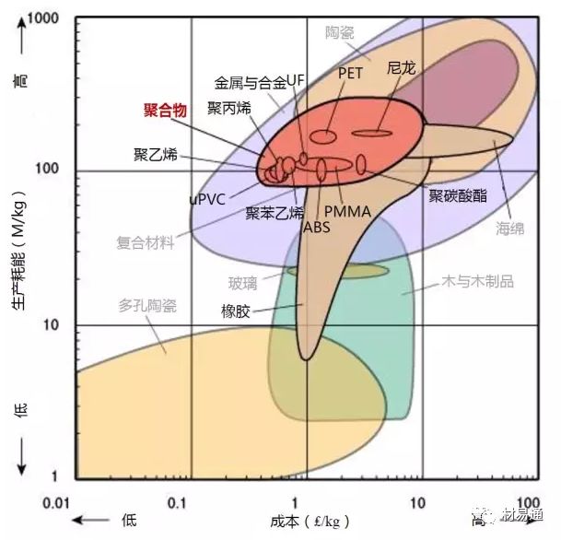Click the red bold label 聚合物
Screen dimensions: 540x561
tap(167, 111)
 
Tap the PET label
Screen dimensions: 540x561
tap(351, 71)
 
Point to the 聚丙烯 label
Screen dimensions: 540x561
tap(229, 109)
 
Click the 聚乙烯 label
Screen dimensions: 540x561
tap(156, 153)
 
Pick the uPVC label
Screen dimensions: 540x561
tap(207, 198)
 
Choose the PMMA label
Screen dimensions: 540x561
tap(347, 212)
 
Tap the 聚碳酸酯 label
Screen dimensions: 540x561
tap(458, 195)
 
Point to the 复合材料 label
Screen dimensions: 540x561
tap(145, 243)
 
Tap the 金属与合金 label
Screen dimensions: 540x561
tap(250, 81)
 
